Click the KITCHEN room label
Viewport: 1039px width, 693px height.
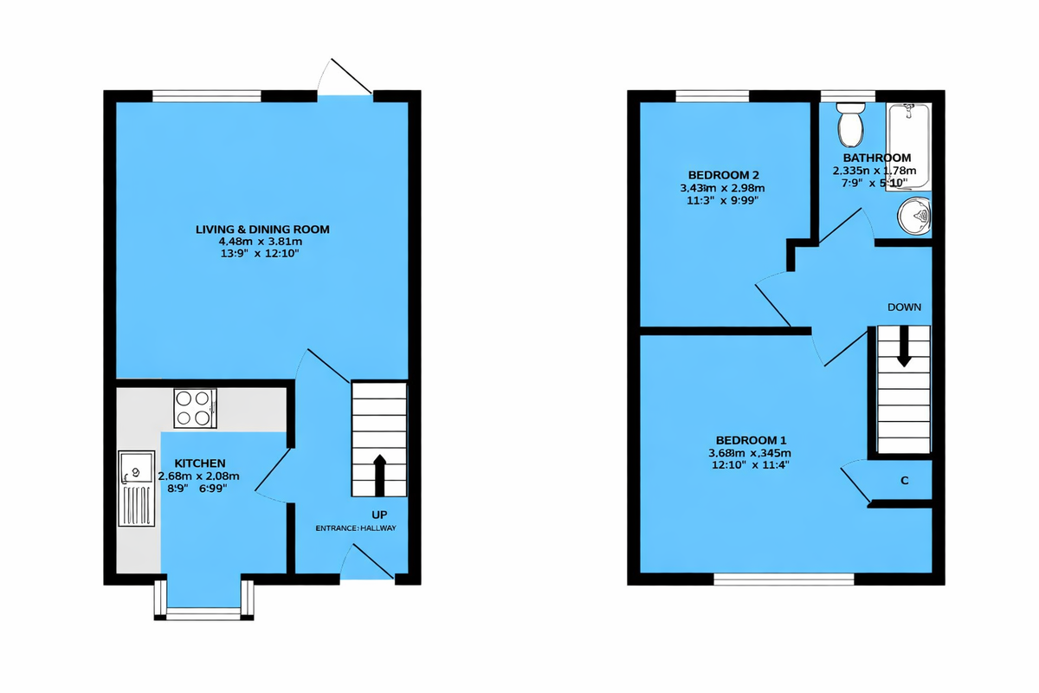point(200,463)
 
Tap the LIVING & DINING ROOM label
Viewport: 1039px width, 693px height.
point(262,229)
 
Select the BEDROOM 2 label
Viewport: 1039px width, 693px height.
point(724,174)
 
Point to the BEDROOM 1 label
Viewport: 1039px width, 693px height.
point(750,439)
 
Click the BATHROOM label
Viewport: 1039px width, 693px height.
point(877,158)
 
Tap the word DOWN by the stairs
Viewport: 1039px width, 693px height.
point(904,307)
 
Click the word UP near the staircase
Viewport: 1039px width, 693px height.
point(379,515)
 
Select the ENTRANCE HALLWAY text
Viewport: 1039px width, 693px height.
point(355,528)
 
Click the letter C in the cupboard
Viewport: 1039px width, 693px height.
point(904,481)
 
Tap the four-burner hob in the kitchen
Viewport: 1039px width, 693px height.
point(195,408)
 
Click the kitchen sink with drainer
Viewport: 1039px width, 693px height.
point(137,489)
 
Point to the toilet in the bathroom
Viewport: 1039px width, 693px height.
point(852,125)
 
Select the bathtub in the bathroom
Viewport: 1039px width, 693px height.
point(909,146)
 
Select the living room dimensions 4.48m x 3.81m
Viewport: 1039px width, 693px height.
point(261,242)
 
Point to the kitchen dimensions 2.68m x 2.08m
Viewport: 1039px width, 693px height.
point(199,476)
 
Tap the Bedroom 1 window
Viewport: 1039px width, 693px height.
point(784,578)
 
